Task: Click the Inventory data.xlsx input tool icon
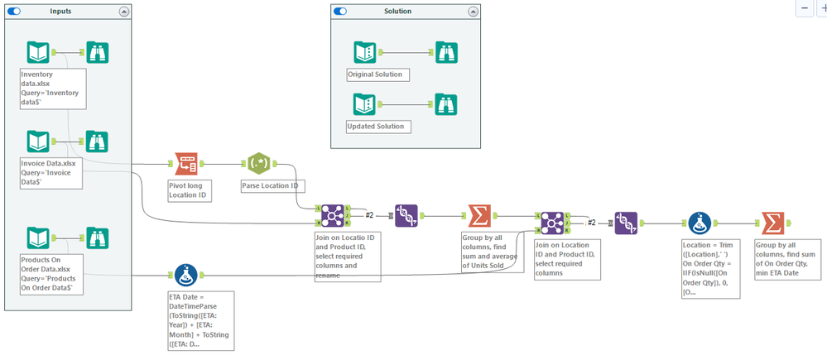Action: coord(38,53)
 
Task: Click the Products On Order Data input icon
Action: coord(38,239)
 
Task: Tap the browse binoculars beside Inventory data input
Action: coord(98,53)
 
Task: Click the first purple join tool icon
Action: coord(333,215)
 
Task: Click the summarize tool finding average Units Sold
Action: coord(478,216)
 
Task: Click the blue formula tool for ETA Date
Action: coord(185,274)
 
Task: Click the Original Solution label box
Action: coord(378,74)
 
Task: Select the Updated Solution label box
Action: coord(377,126)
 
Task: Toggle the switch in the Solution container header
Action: coord(339,12)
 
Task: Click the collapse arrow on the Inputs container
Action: coord(124,12)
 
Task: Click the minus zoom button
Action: coord(805,7)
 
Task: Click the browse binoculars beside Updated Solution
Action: coord(447,105)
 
